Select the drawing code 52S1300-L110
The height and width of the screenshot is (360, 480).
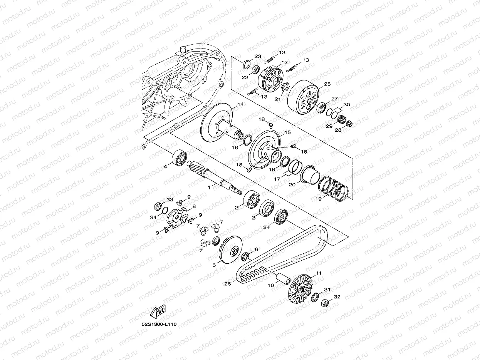tap(159, 324)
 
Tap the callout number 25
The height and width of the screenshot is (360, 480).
tap(327, 84)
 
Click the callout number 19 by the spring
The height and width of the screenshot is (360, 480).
tap(319, 199)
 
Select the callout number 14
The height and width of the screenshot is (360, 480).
tap(240, 104)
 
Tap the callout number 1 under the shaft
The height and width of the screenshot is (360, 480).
tap(209, 188)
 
